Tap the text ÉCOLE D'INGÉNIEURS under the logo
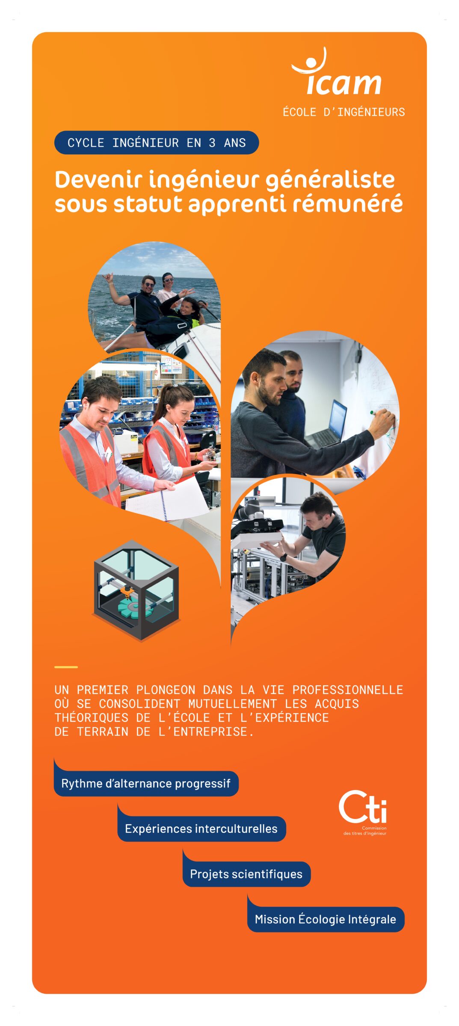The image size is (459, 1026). pyautogui.click(x=344, y=112)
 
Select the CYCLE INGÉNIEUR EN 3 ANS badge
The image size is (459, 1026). pyautogui.click(x=156, y=142)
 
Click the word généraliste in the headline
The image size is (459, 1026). pyautogui.click(x=330, y=180)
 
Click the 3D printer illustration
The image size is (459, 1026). pyautogui.click(x=136, y=590)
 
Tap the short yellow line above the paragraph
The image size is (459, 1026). pyautogui.click(x=66, y=666)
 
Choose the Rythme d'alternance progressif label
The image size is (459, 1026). pyautogui.click(x=145, y=783)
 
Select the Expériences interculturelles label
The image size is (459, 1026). pyautogui.click(x=201, y=828)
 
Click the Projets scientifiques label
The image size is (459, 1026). pyautogui.click(x=246, y=874)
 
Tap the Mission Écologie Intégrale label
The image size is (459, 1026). pyautogui.click(x=325, y=919)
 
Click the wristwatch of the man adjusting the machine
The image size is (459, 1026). pyautogui.click(x=283, y=557)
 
